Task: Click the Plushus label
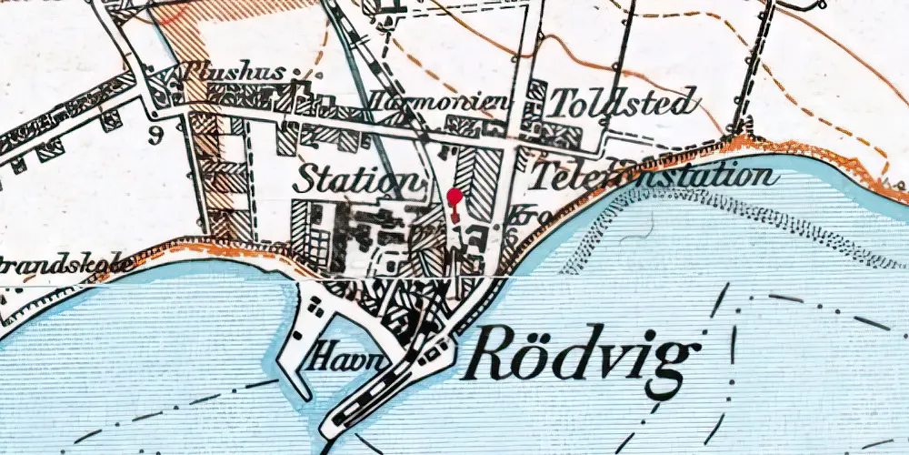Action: pyautogui.click(x=234, y=72)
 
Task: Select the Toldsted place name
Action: pyautogui.click(x=624, y=103)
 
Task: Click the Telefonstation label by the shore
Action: pyautogui.click(x=654, y=176)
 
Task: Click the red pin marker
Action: pyautogui.click(x=454, y=197)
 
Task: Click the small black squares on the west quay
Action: pyautogui.click(x=315, y=308)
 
